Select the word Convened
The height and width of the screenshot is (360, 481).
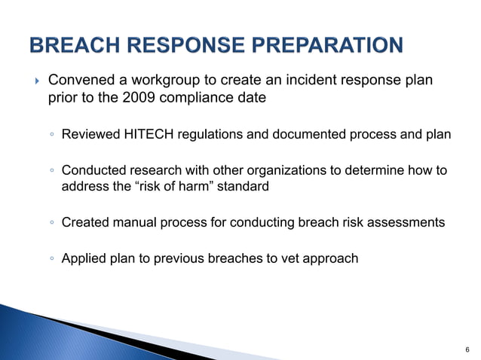coord(79,80)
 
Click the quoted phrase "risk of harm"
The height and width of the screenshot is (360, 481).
coord(167,186)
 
